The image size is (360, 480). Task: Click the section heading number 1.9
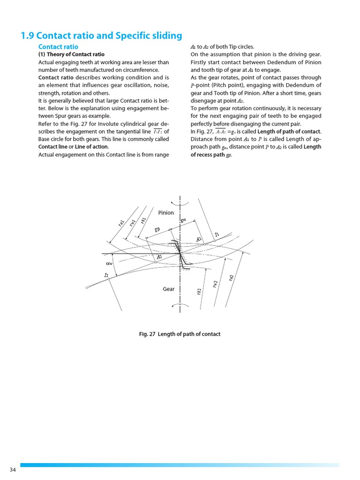coord(27,36)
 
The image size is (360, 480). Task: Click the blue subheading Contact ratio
coord(58,47)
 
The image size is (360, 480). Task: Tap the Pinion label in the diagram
coord(166,213)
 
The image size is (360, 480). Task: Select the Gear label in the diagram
coord(169,289)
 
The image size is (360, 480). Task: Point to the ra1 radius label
coord(121,225)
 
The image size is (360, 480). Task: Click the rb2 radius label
coord(199,292)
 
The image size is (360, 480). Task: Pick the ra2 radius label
coord(231,278)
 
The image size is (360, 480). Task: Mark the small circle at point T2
coord(109,279)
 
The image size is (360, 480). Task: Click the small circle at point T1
coord(214,241)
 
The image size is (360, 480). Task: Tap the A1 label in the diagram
coord(199,239)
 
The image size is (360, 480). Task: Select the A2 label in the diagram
coord(159,257)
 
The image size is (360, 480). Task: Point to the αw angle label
coord(109,263)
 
